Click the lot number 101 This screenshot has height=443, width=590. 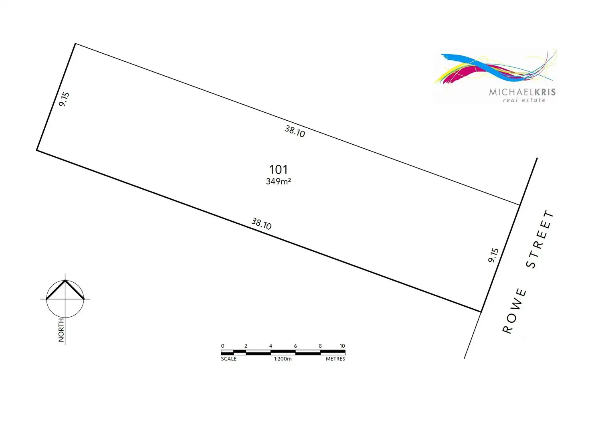(278, 170)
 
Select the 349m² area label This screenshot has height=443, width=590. (278, 182)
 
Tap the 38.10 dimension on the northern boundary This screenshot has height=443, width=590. (295, 131)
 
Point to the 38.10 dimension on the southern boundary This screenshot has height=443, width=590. (261, 224)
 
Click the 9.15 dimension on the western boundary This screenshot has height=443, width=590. (64, 99)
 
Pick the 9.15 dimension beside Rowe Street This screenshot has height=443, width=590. (493, 255)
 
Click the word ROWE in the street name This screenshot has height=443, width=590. (514, 311)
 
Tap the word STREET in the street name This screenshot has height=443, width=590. (539, 239)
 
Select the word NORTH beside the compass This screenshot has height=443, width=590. (61, 330)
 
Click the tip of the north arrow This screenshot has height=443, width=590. (65, 280)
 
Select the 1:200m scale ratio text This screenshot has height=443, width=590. (283, 359)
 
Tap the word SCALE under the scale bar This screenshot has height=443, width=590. (229, 359)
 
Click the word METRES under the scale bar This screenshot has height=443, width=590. (335, 359)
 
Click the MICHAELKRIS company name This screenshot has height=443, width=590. (522, 92)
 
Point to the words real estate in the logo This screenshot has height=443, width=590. (524, 100)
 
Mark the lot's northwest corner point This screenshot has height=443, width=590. (75, 44)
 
